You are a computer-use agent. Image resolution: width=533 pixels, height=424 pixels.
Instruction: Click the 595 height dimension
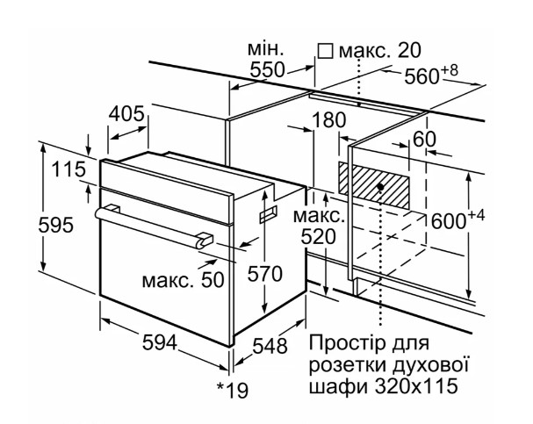coord(55,225)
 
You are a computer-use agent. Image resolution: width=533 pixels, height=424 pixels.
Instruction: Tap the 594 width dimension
coord(160,342)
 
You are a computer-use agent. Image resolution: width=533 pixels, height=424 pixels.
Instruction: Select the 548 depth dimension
coord(270,346)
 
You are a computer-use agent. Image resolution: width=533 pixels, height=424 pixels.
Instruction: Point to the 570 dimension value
coord(265,274)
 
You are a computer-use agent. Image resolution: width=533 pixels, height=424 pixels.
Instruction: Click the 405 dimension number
coord(126,114)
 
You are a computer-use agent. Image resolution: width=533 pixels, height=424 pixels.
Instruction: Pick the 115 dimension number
coord(68,169)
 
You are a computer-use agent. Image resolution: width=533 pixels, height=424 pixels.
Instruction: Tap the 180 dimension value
coord(328,120)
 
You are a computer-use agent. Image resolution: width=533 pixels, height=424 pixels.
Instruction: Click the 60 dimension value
coord(424,140)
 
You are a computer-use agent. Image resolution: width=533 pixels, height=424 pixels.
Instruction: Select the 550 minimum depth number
coord(267,70)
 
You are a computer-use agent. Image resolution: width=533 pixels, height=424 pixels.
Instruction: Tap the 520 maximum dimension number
coord(319,237)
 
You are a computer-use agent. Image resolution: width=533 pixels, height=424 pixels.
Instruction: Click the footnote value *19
coord(233,391)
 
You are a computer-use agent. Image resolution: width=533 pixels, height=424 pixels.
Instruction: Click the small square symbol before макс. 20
coord(325,51)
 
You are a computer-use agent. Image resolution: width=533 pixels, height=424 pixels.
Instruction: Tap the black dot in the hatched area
coord(380,187)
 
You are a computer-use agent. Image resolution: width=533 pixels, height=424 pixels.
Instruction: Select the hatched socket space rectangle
coord(373,185)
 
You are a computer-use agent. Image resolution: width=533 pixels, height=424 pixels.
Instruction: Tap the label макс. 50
coord(183,280)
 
